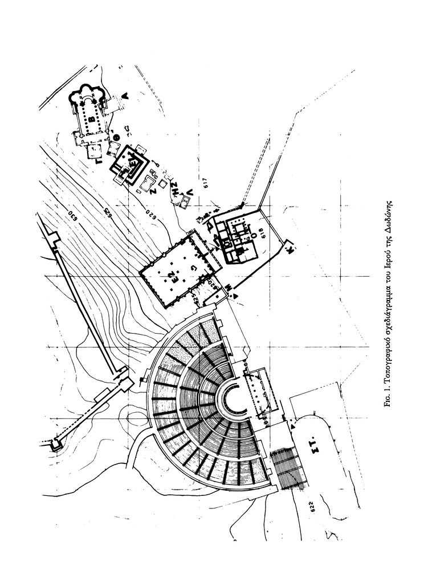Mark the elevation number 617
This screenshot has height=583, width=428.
pos(206,184)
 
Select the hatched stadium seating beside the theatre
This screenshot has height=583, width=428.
pos(287,467)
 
